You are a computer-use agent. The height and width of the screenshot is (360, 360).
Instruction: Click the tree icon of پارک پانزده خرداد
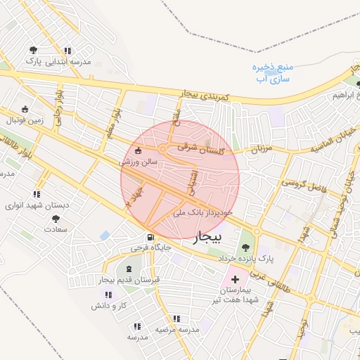click(x=245, y=247)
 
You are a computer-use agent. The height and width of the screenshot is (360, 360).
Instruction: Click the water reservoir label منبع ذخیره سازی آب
click(x=269, y=72)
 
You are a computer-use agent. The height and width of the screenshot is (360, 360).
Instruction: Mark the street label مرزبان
click(x=261, y=148)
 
